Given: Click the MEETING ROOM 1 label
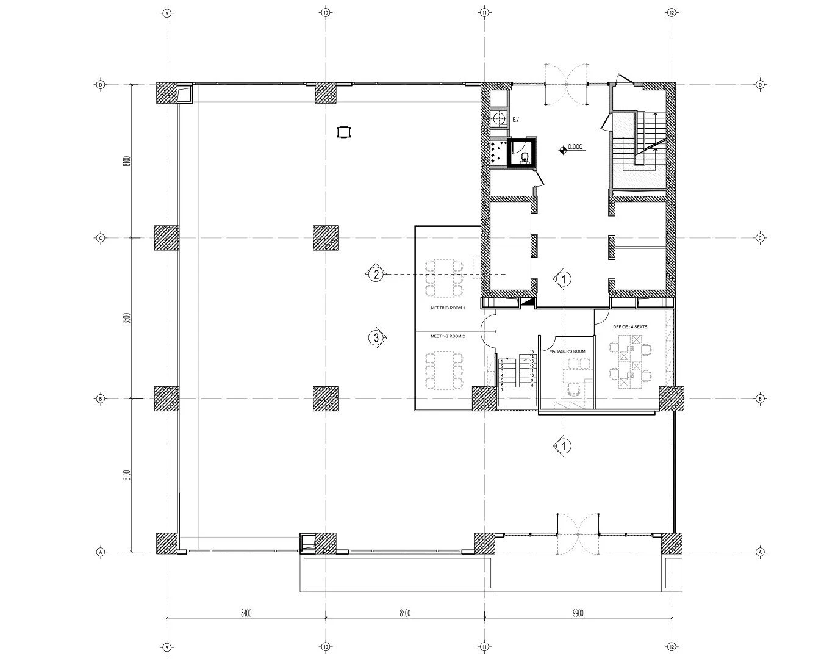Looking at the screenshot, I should [x=448, y=308].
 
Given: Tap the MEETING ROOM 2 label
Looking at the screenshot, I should [x=448, y=336].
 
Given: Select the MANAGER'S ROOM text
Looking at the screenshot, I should [x=567, y=351].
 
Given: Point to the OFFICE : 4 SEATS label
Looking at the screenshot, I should [x=630, y=327].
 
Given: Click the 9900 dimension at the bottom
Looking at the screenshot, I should [x=577, y=613].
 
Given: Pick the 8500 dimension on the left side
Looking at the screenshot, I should [x=126, y=319].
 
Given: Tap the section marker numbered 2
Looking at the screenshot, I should [x=377, y=275].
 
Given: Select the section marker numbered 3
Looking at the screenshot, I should [x=377, y=337].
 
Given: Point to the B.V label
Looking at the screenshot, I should [x=515, y=120].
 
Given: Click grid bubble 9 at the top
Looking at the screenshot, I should [x=167, y=12].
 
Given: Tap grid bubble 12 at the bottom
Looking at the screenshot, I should [x=671, y=647].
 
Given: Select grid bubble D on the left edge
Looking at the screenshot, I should [x=101, y=84].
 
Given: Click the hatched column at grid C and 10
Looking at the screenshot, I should [x=326, y=238].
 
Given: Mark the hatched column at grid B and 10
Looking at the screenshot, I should [x=326, y=399].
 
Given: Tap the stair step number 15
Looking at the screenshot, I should [x=532, y=352].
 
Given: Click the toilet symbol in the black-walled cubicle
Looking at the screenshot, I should [x=523, y=157].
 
